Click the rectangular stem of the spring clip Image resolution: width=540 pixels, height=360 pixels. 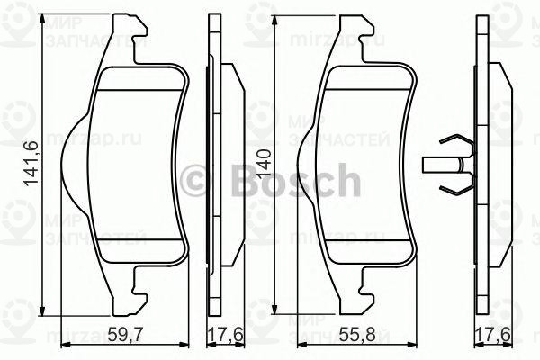(x=437, y=166)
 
